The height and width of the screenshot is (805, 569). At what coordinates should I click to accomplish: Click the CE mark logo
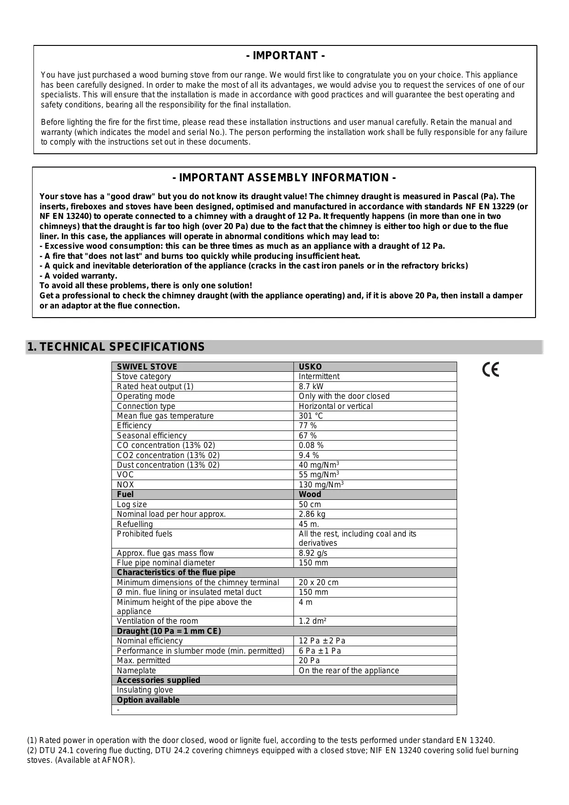[491, 369]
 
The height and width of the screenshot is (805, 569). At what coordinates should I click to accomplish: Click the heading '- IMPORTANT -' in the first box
[285, 56]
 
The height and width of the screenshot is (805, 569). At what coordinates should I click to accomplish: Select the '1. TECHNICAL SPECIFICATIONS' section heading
[116, 347]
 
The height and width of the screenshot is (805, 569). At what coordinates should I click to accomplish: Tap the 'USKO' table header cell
[310, 367]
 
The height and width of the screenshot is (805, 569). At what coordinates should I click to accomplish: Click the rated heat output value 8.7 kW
[311, 386]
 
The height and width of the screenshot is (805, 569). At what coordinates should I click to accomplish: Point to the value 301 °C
[311, 416]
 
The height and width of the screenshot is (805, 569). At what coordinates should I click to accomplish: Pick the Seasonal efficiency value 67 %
[308, 436]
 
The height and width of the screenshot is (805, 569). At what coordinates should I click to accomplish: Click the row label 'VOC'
[125, 475]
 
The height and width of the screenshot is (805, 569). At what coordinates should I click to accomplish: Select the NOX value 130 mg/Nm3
[321, 485]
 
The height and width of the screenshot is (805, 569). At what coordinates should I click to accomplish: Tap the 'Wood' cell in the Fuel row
[310, 494]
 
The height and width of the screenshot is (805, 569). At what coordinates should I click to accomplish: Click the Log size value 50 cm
[310, 504]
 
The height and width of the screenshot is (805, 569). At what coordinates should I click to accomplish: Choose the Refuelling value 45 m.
[309, 524]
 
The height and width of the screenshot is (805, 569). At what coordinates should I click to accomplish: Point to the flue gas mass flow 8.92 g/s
[313, 553]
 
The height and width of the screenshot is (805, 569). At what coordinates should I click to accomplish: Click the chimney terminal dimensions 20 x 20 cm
[319, 582]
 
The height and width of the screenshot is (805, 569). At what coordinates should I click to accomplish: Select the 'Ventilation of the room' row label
[157, 621]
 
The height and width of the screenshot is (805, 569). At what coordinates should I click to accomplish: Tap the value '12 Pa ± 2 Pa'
[322, 641]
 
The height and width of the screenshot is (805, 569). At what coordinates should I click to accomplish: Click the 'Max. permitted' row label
[144, 660]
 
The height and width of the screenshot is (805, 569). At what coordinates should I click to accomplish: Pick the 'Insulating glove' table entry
[145, 690]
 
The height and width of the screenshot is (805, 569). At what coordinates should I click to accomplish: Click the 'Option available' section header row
[148, 700]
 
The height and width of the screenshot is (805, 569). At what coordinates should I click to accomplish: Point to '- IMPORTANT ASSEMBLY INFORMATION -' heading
[284, 178]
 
